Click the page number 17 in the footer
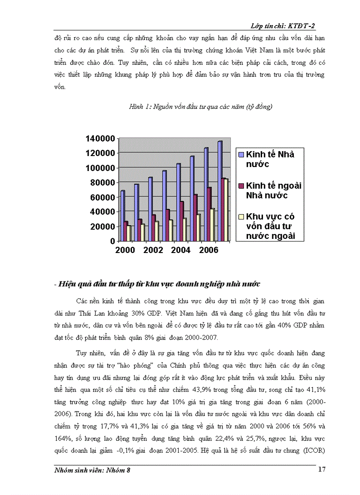click(322, 469)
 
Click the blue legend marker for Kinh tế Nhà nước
click(241, 155)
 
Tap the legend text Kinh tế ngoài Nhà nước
click(273, 190)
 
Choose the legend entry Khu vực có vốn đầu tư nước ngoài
click(270, 226)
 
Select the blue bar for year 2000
click(123, 216)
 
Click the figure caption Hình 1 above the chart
click(200, 107)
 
